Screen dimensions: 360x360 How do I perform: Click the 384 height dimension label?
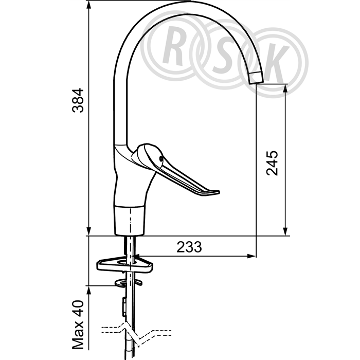click(78, 100)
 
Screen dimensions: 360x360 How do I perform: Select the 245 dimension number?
click(272, 163)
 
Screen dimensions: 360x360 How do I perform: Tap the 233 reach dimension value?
click(189, 247)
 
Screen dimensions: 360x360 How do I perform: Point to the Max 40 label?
click(78, 325)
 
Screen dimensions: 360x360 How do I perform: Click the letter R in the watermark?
click(174, 45)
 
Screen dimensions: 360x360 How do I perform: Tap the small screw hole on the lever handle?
click(161, 158)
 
